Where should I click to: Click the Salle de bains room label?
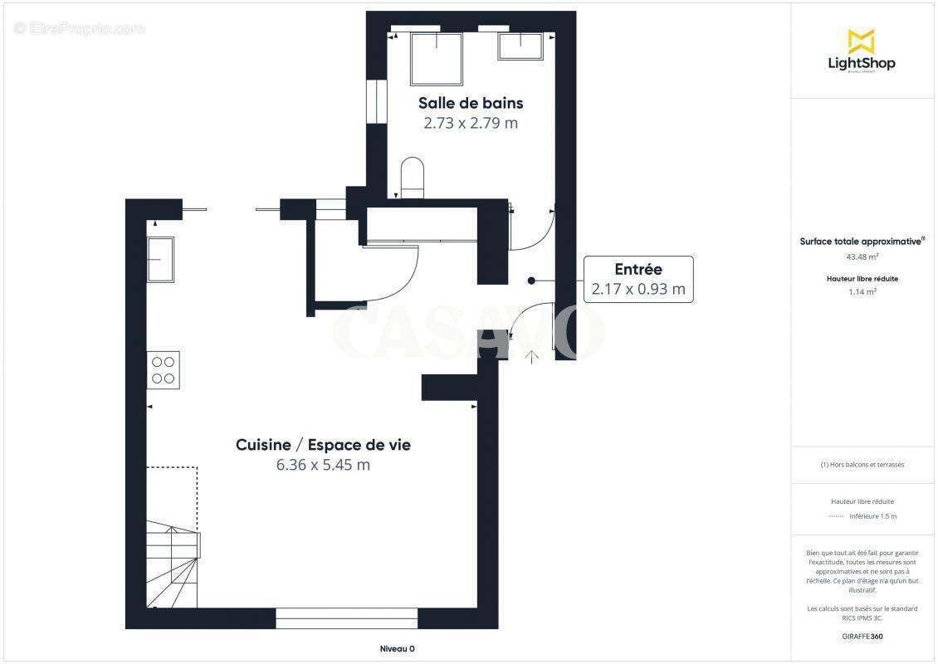pos(470,103)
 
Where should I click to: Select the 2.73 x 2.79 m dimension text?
pos(470,123)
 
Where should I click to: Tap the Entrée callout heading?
pos(638,269)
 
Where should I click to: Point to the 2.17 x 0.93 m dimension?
pos(638,289)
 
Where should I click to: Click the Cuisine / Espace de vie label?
pos(323,445)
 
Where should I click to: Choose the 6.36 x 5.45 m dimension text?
pos(323,465)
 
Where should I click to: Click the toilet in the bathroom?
pos(413,177)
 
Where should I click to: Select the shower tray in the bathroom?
pos(436,59)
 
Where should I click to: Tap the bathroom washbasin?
pos(520,46)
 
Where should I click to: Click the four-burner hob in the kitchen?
pos(164,369)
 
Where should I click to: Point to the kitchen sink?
pos(161,260)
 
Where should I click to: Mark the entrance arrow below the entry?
pos(531,357)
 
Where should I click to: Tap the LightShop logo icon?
pos(861,41)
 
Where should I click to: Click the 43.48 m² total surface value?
pos(862,256)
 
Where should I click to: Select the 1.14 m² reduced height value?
pos(862,291)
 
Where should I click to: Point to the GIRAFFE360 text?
pos(862,637)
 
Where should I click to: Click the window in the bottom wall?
pos(346,618)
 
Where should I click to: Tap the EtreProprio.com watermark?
pos(80,29)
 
